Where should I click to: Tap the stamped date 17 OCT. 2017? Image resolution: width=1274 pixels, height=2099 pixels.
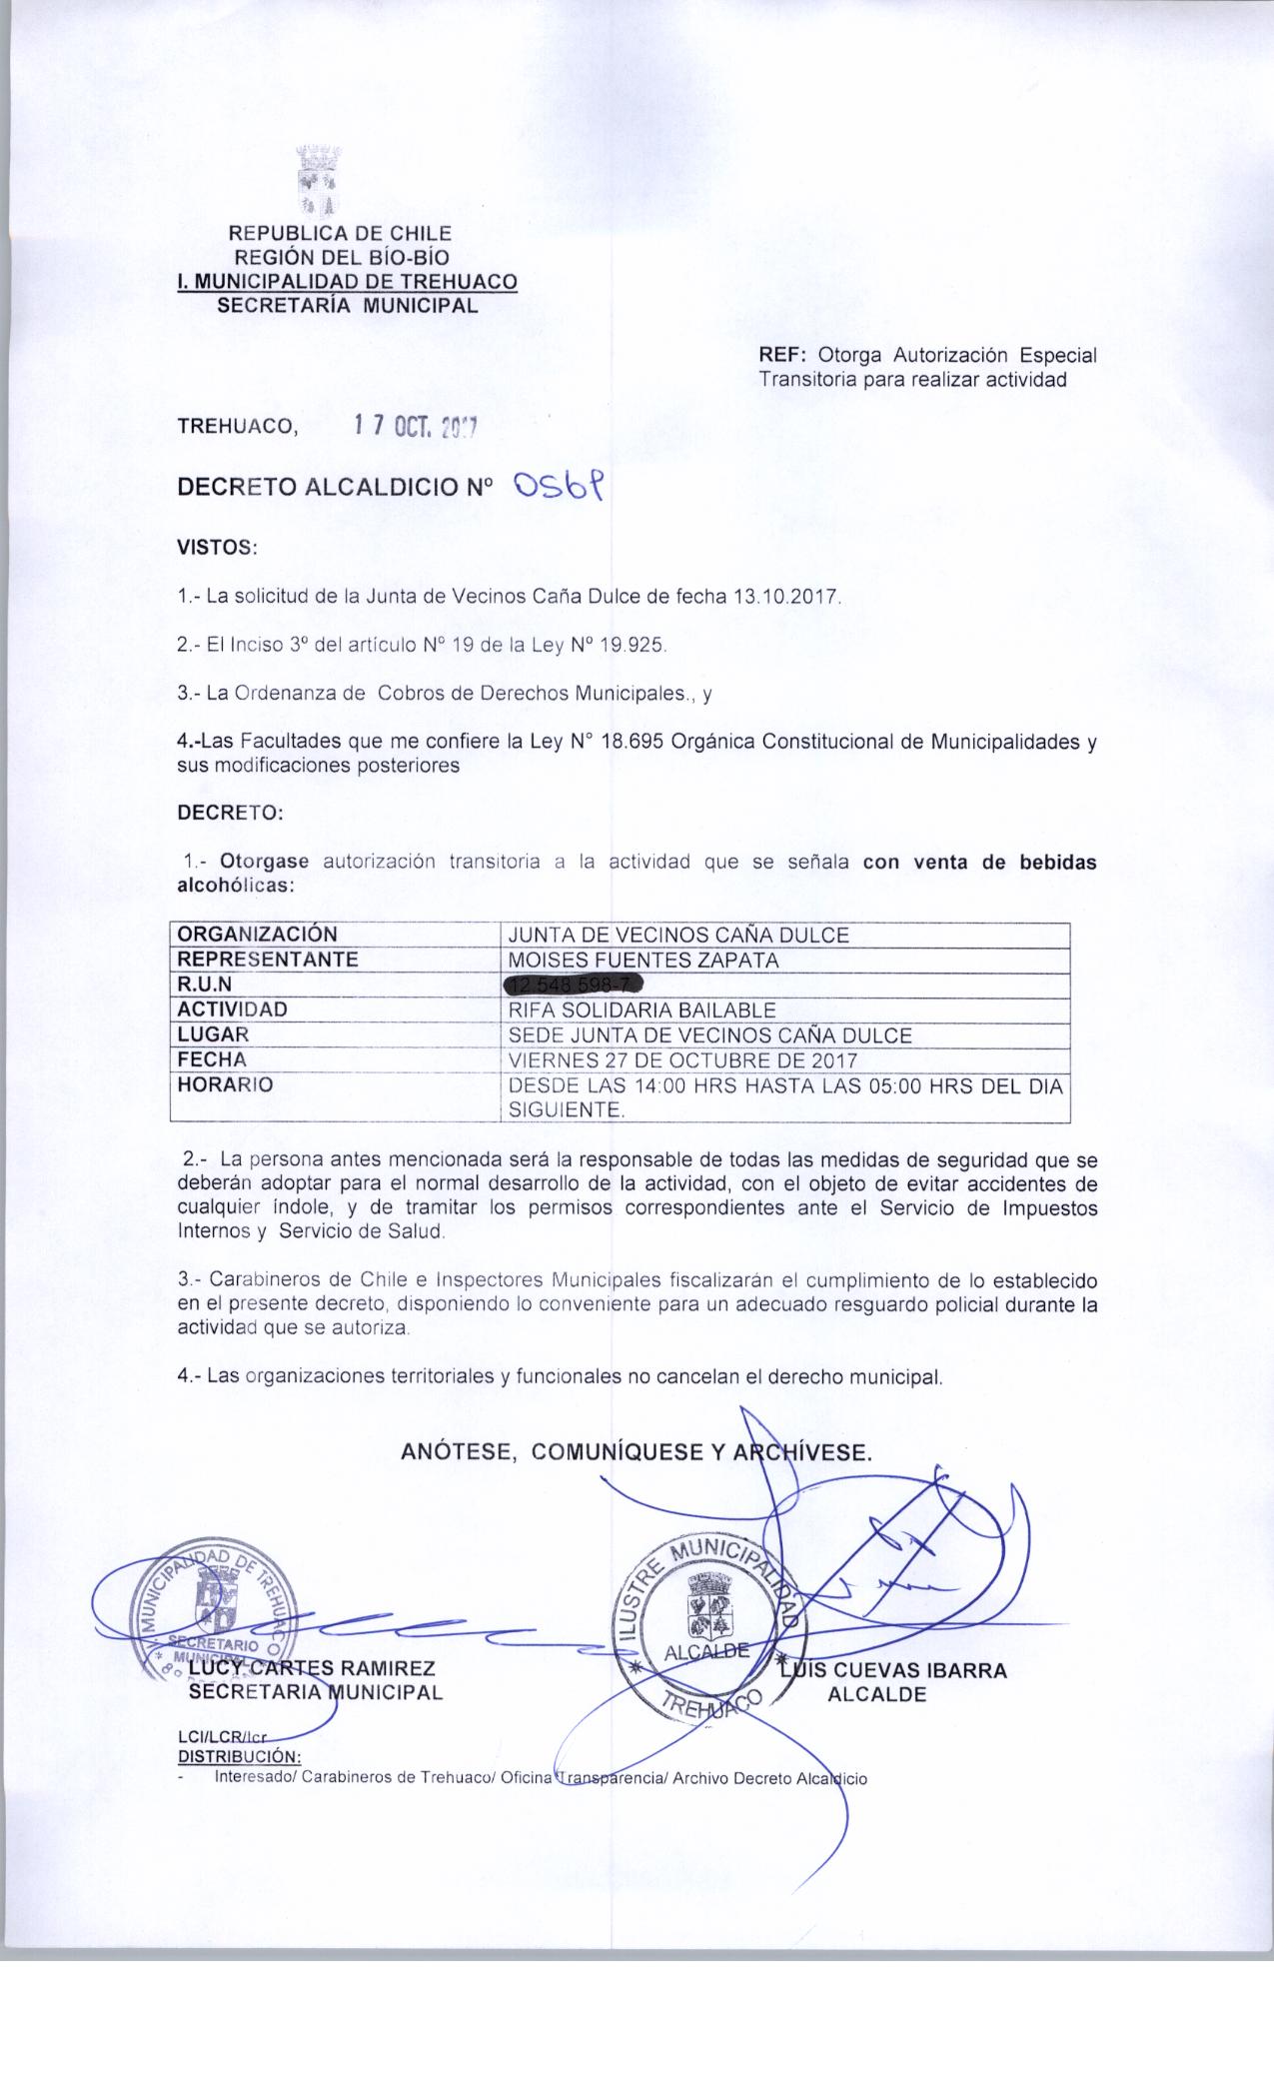pyautogui.click(x=416, y=428)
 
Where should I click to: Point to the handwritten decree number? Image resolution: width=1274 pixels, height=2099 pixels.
pyautogui.click(x=559, y=487)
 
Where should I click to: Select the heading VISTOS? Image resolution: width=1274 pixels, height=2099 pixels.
pyautogui.click(x=217, y=548)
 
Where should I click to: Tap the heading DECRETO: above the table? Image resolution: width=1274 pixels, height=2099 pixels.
pyautogui.click(x=230, y=813)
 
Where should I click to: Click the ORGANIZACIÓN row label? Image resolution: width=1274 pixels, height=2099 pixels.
pyautogui.click(x=257, y=935)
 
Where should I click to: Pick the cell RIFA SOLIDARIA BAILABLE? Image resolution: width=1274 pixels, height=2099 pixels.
pyautogui.click(x=641, y=1010)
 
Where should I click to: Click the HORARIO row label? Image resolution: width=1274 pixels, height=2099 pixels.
pyautogui.click(x=225, y=1084)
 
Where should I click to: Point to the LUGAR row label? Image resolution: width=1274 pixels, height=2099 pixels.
pyautogui.click(x=213, y=1035)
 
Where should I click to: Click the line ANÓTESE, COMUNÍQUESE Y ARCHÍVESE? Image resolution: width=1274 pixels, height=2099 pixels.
pyautogui.click(x=637, y=1452)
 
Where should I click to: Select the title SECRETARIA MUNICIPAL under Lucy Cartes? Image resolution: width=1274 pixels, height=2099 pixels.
pyautogui.click(x=315, y=1692)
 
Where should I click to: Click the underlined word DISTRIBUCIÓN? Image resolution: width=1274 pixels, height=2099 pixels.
pyautogui.click(x=239, y=1756)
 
